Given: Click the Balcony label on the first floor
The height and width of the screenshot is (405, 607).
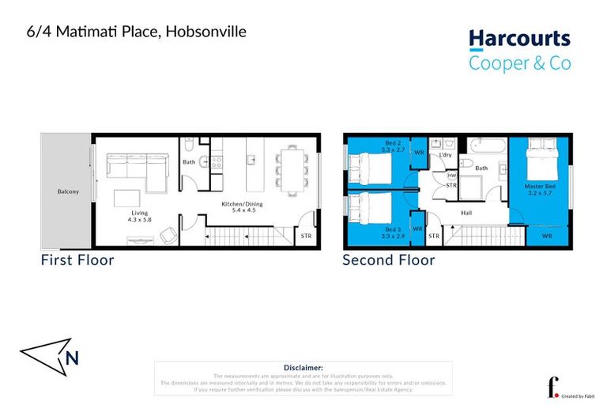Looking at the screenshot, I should click(68, 191).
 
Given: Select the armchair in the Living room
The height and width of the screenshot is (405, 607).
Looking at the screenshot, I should click(169, 234).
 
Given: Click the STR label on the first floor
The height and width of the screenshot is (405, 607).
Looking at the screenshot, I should click(306, 236).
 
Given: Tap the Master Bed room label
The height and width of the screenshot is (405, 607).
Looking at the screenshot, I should click(541, 187).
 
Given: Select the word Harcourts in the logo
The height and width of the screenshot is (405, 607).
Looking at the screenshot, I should click(518, 39).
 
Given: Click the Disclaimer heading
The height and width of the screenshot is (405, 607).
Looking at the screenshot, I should click(303, 368).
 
